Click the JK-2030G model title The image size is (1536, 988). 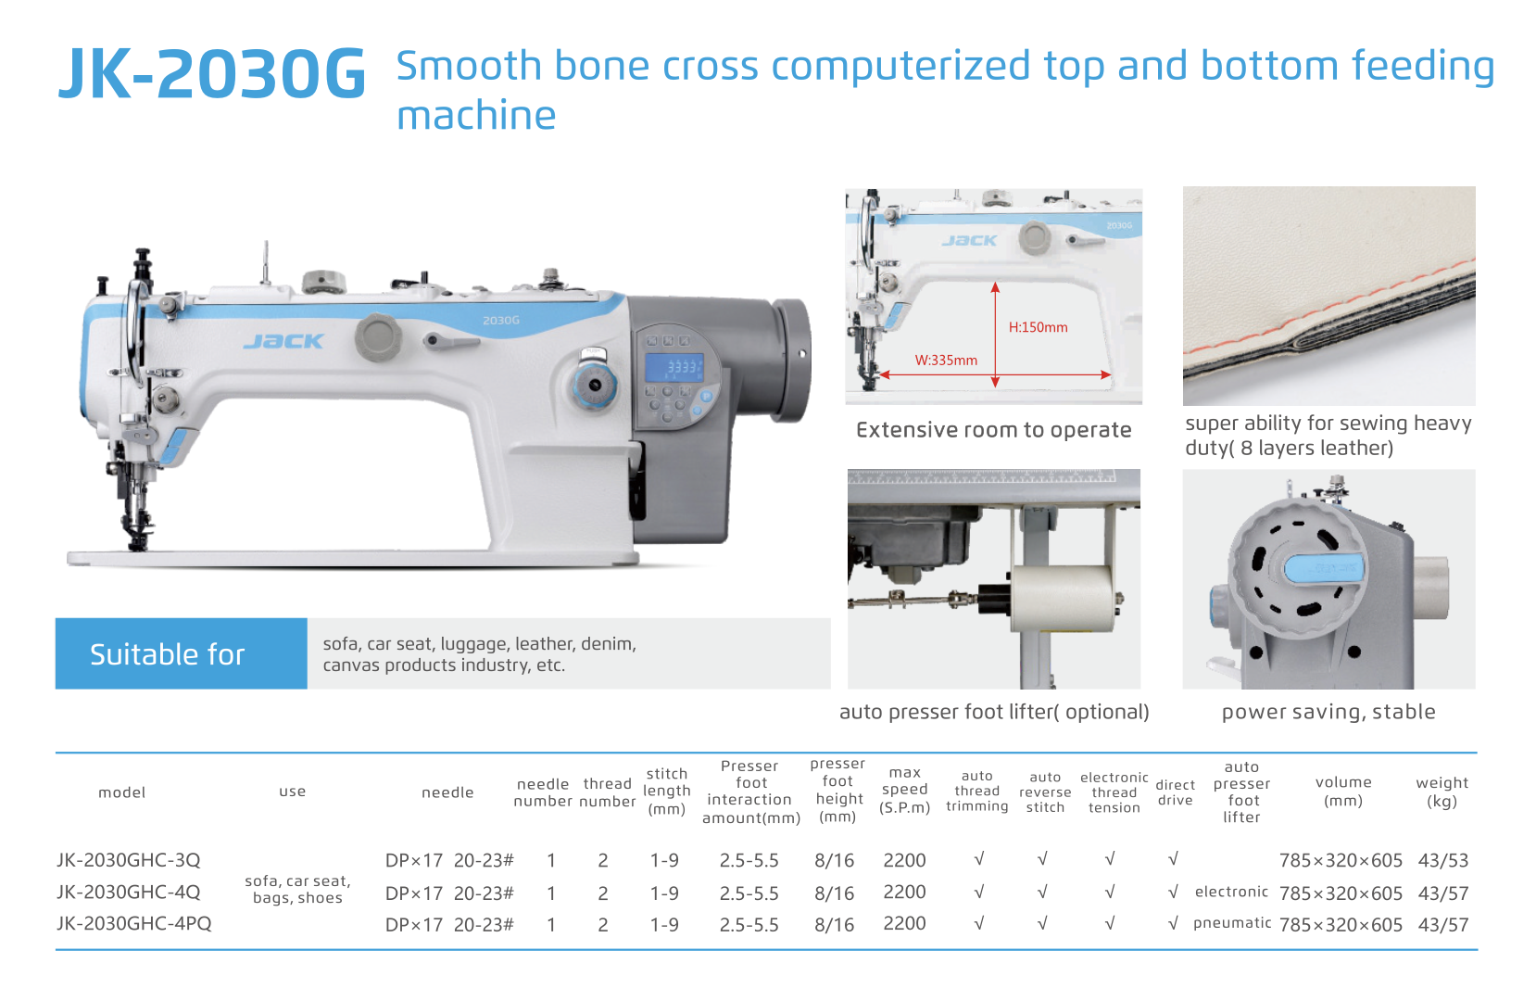[212, 73]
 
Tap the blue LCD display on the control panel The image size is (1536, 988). [674, 368]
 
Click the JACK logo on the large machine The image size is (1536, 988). [283, 341]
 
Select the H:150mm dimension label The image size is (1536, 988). [1039, 327]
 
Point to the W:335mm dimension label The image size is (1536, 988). [946, 361]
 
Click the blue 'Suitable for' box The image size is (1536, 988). [181, 653]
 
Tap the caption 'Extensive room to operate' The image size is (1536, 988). [994, 430]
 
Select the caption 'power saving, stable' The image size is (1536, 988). [1328, 712]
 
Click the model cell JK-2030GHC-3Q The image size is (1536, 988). [128, 860]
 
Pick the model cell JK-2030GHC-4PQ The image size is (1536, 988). [133, 923]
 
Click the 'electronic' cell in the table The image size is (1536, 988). [1231, 892]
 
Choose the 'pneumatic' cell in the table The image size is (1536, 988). [1232, 923]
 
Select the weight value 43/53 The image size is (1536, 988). [1443, 860]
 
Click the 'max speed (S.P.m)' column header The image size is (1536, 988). [904, 791]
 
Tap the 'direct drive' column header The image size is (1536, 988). [1176, 792]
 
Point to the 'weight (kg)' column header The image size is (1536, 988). [1442, 792]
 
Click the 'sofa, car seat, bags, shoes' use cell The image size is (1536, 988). [297, 889]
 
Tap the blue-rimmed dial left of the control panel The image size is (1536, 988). [594, 385]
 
